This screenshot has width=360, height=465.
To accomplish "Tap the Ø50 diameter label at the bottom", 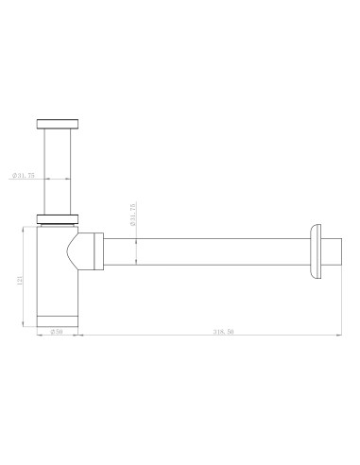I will coord(57,333).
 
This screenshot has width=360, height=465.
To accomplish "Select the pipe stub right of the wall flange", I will coord(330,253).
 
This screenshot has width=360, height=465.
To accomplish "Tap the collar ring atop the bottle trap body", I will coord(58,222).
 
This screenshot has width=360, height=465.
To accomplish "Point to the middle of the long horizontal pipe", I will coord(203,253).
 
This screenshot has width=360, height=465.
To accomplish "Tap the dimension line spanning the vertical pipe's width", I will coord(58,179).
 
